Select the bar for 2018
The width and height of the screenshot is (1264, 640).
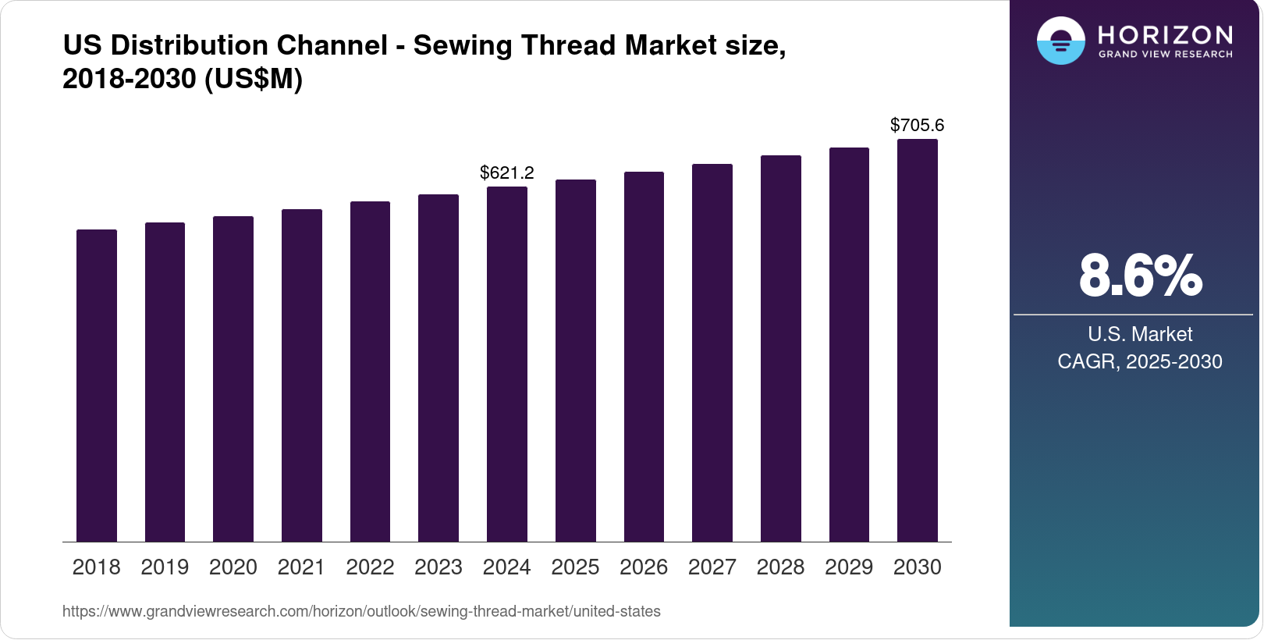click(97, 386)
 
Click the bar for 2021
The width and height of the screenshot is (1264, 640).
click(302, 375)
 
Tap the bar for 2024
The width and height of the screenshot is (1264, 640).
click(507, 364)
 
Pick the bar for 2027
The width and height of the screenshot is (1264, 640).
click(712, 353)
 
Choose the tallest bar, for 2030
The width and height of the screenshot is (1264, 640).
click(918, 340)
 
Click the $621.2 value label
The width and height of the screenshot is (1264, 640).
click(507, 172)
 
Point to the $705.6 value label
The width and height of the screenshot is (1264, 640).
click(918, 125)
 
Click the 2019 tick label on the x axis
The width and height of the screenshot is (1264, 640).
click(165, 567)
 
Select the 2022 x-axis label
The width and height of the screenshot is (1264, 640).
click(370, 567)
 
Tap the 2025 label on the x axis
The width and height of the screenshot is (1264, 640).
click(575, 567)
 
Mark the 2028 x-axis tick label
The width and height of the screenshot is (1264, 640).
click(780, 567)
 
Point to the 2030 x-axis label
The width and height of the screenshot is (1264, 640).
click(918, 567)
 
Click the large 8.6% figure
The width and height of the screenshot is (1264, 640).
click(1140, 276)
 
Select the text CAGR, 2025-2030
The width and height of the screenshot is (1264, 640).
click(1140, 361)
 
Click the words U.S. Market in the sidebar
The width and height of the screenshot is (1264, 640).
click(1140, 334)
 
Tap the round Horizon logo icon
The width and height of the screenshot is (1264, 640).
click(1060, 41)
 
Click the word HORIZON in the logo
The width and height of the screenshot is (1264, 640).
click(1165, 35)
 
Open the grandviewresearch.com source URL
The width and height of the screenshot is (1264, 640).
click(361, 611)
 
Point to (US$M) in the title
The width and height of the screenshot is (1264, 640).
click(254, 79)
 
